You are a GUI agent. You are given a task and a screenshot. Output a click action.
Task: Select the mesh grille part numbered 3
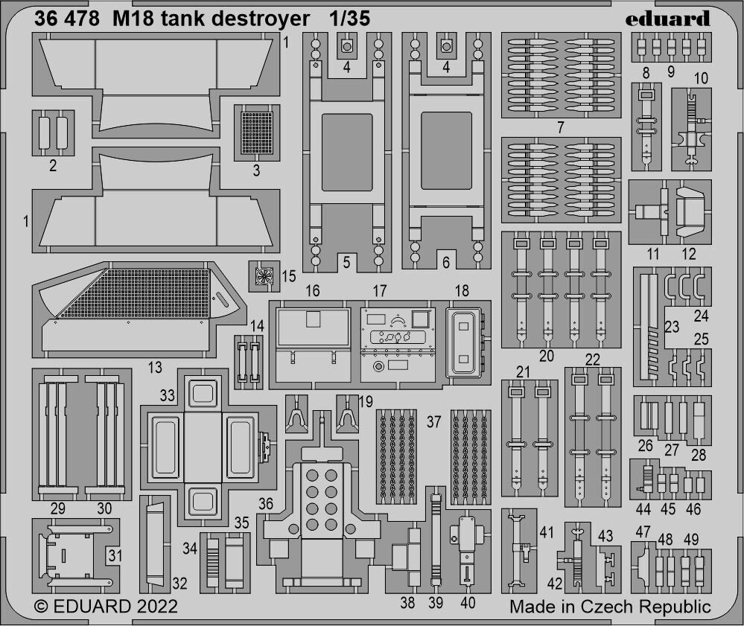coord(257,132)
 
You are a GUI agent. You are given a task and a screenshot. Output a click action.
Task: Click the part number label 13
coord(155,366)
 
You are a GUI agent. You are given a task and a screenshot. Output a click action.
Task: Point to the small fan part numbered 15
coord(262,276)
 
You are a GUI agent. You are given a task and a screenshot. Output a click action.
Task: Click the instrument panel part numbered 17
coord(398,340)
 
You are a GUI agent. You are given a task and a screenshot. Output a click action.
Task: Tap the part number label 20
coord(547,356)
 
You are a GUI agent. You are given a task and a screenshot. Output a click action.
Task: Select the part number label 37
coord(434,422)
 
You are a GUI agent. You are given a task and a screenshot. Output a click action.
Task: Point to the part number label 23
coord(673,325)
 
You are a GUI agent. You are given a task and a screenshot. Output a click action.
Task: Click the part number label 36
coord(266,504)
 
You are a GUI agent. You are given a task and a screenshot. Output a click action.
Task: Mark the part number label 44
coord(644,509)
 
